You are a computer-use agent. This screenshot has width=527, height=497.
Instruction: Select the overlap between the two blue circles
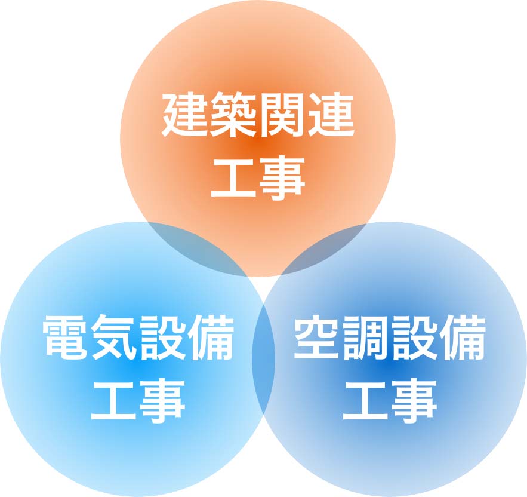[263, 358]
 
